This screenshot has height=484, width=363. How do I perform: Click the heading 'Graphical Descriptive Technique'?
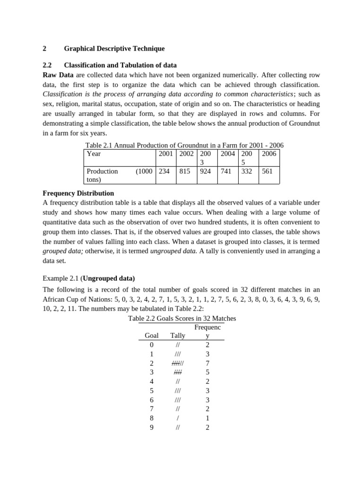tap(114, 49)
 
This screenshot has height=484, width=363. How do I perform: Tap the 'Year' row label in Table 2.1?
tap(94, 154)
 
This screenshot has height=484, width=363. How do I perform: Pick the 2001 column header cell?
tap(166, 154)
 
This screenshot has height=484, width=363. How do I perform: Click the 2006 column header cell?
tap(269, 154)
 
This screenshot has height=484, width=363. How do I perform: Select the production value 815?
tap(185, 172)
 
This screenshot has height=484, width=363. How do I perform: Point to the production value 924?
tap(206, 172)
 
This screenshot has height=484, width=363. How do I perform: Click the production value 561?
tap(267, 172)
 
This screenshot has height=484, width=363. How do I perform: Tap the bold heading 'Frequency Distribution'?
tap(78, 193)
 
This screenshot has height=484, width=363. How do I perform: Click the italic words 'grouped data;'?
tap(63, 251)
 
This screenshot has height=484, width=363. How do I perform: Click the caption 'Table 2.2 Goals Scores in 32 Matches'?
tap(182, 319)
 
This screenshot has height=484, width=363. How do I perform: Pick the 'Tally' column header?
tap(178, 336)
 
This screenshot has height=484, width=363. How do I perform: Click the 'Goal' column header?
tap(151, 336)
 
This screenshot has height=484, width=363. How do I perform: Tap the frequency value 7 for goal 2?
tap(207, 363)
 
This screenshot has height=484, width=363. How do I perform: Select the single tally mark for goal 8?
tap(178, 418)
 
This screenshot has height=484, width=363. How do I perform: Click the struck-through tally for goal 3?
tap(178, 372)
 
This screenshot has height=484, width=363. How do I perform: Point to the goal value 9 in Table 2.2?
tap(151, 427)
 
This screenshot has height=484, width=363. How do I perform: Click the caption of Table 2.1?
tap(184, 145)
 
